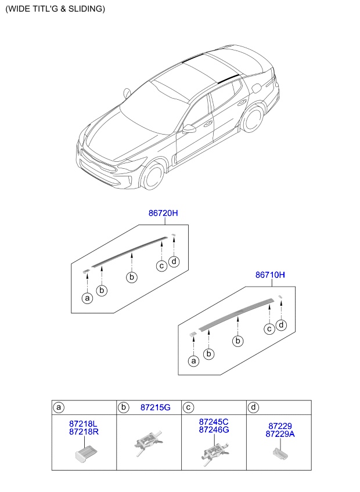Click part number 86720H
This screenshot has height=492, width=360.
click(163, 214)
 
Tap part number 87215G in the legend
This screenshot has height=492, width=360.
click(155, 407)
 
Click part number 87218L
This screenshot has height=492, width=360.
click(84, 424)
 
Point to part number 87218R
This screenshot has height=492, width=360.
click(84, 432)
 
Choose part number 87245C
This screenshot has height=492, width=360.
click(214, 422)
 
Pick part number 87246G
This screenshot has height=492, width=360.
click(214, 430)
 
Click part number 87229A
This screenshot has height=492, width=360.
click(280, 434)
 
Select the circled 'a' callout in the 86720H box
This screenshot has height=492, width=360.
click(87, 298)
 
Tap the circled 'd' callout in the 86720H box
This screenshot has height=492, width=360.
click(174, 261)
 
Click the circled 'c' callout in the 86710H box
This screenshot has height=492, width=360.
click(269, 329)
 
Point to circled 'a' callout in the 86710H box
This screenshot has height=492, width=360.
click(193, 361)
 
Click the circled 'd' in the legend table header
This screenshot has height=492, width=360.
click(253, 407)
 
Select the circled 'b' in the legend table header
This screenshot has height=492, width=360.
click(123, 407)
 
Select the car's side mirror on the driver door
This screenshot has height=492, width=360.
click(189, 129)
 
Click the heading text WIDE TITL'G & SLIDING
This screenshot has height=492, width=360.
click(55, 9)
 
